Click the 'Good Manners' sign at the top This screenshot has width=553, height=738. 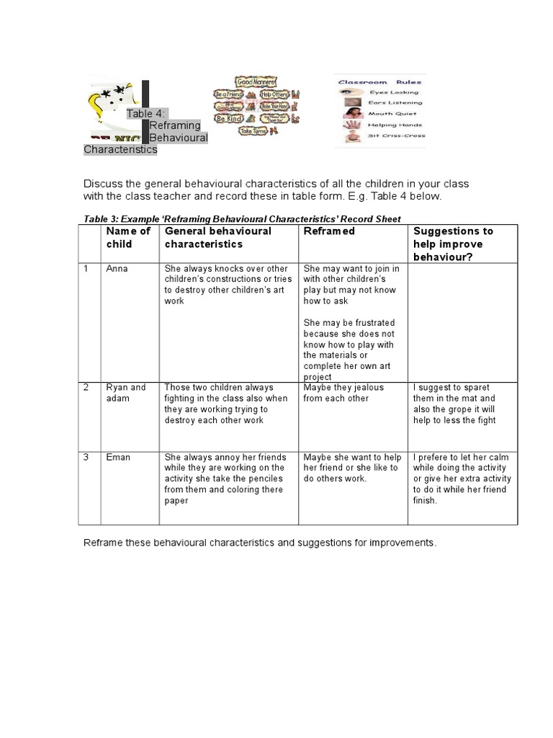point(256,84)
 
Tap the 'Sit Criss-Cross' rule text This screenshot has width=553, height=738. point(397,135)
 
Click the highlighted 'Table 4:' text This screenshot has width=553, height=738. point(147,114)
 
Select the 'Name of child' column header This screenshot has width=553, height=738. point(128,237)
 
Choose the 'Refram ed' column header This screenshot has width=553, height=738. point(329,231)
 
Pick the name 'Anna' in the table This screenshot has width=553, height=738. point(116,268)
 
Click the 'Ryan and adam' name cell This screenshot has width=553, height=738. point(125,393)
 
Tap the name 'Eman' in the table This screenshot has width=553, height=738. point(118,457)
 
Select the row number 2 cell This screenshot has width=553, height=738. point(86,388)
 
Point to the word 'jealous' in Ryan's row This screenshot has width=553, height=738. point(369,388)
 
